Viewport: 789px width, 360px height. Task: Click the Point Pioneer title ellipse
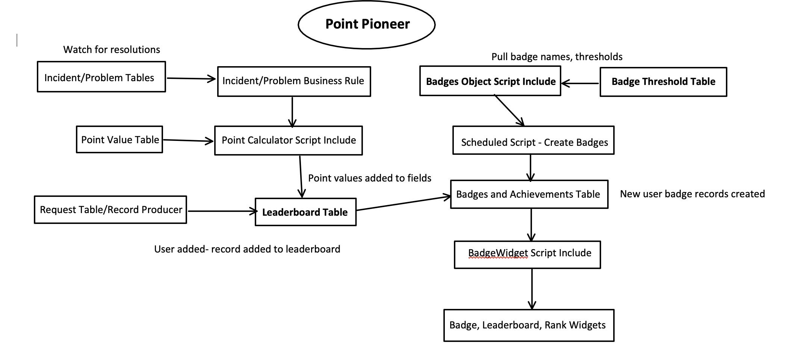pyautogui.click(x=366, y=24)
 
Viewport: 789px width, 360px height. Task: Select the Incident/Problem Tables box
pyautogui.click(x=101, y=77)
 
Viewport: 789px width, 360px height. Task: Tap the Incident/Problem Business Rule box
pyautogui.click(x=294, y=81)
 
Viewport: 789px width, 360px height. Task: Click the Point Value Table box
pyautogui.click(x=119, y=139)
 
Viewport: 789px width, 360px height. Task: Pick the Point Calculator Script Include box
pyautogui.click(x=288, y=140)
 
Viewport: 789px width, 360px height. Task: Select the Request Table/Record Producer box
pyautogui.click(x=110, y=210)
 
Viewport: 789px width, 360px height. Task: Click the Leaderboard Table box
pyautogui.click(x=305, y=212)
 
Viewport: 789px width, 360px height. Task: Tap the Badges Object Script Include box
pyautogui.click(x=490, y=81)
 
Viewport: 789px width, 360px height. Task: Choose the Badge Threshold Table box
pyautogui.click(x=663, y=82)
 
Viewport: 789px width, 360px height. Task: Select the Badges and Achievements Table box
pyautogui.click(x=529, y=194)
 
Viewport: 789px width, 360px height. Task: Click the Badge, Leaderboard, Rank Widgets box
pyautogui.click(x=529, y=325)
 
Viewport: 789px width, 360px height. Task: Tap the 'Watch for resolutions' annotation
pyautogui.click(x=112, y=50)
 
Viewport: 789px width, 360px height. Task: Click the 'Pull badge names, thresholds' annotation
pyautogui.click(x=557, y=57)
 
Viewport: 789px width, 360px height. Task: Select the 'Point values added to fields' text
pyautogui.click(x=370, y=178)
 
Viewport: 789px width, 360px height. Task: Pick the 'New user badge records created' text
pyautogui.click(x=692, y=194)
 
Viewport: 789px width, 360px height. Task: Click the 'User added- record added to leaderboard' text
pyautogui.click(x=247, y=249)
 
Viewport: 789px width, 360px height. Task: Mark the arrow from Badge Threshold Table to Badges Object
pyautogui.click(x=580, y=83)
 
